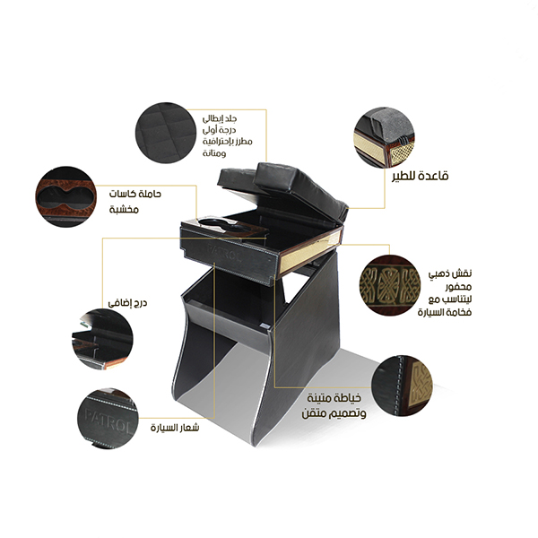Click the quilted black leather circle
[166, 133]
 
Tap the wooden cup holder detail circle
[65, 197]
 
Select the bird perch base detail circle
[384, 137]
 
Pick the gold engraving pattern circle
[390, 284]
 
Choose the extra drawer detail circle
[102, 339]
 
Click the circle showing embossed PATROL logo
[108, 419]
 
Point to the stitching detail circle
[402, 386]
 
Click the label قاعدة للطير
[421, 176]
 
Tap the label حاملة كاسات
[134, 194]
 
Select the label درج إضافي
[127, 303]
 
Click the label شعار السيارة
[175, 428]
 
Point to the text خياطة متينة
[334, 398]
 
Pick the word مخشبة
[125, 209]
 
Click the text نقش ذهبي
[450, 273]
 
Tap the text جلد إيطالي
[220, 118]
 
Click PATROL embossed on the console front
[225, 252]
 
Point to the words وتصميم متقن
[334, 413]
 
